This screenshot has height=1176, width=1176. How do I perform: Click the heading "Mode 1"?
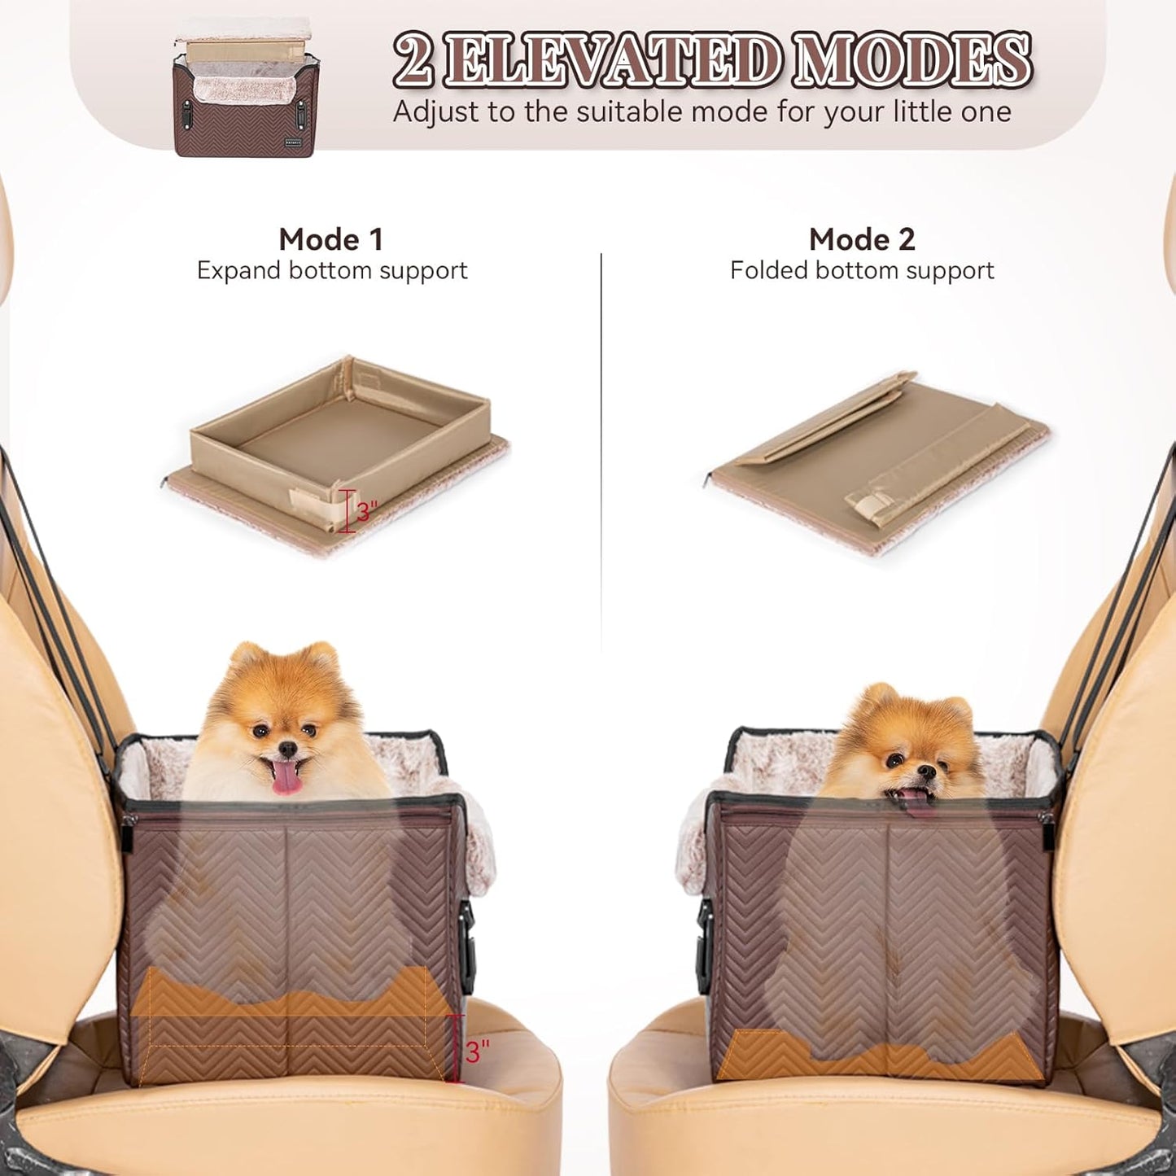click(330, 239)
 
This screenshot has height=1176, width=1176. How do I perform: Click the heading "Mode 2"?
click(862, 239)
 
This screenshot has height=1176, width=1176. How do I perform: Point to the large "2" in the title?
click(413, 61)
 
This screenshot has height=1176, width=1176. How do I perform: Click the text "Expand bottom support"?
click(332, 270)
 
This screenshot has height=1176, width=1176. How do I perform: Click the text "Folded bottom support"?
click(862, 270)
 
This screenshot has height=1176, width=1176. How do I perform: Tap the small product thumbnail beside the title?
click(245, 88)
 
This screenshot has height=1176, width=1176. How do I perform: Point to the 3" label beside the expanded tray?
click(366, 511)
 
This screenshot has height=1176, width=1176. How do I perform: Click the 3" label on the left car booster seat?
click(478, 1051)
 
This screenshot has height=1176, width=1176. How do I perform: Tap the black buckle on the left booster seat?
click(467, 920)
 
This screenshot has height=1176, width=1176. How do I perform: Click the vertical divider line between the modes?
click(601, 448)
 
